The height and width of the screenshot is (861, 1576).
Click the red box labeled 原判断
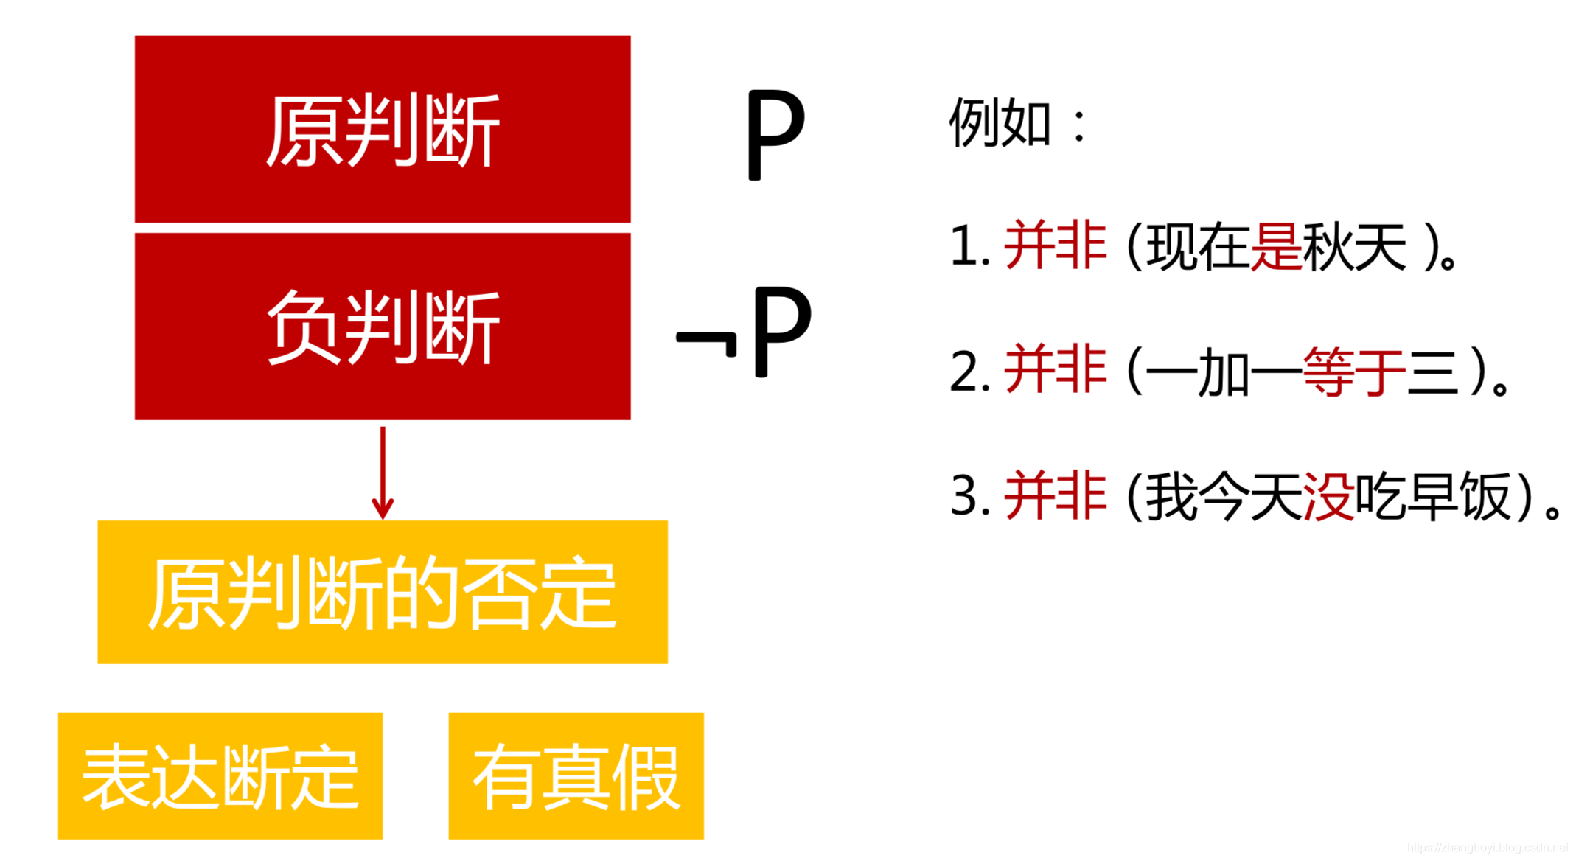[382, 129]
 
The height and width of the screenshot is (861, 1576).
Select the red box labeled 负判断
[382, 326]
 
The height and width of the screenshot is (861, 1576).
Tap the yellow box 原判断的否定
[382, 592]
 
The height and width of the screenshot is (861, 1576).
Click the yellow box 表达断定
[220, 775]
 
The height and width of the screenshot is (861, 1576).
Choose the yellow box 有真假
[576, 775]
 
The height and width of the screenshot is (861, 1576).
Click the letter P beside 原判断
[774, 134]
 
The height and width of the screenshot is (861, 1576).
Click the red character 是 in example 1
[1276, 246]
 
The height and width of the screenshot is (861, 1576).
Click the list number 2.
[964, 372]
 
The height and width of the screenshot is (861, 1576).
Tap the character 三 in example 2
[1433, 372]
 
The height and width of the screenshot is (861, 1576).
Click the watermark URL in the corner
[1487, 848]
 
